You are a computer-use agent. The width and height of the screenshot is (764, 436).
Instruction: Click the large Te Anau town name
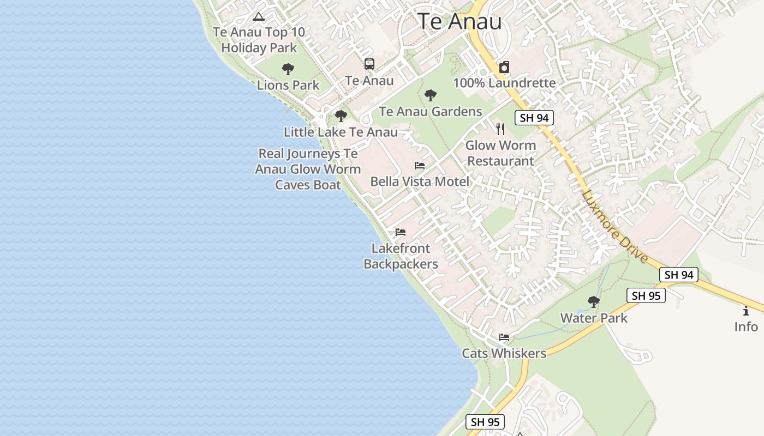click(x=459, y=21)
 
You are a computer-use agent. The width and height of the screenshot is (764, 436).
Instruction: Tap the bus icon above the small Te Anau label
click(x=369, y=64)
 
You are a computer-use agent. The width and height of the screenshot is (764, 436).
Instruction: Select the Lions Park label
click(x=288, y=85)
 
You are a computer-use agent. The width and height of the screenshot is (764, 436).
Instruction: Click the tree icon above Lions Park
click(x=288, y=69)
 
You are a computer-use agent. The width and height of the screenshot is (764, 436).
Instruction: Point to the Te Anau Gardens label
click(x=431, y=112)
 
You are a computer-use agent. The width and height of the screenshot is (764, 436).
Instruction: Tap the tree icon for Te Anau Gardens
click(x=431, y=96)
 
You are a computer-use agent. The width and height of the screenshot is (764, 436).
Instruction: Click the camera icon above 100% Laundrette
click(x=504, y=68)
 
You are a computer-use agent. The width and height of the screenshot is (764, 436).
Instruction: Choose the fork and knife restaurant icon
click(x=500, y=129)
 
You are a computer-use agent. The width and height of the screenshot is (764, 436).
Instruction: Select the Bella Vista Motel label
click(x=420, y=181)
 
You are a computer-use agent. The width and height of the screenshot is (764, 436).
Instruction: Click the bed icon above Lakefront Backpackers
click(x=401, y=232)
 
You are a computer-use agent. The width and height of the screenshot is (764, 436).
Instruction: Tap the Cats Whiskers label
click(x=504, y=353)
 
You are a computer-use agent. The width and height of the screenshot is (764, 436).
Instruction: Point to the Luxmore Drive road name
click(x=614, y=226)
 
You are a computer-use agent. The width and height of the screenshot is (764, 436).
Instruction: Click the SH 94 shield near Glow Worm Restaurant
click(x=534, y=118)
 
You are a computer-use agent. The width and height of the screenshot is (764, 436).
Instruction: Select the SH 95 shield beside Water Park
click(x=646, y=296)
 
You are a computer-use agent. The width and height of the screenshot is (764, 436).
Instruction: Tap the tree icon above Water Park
click(x=594, y=302)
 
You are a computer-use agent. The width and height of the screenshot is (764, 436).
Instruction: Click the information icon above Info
click(x=746, y=311)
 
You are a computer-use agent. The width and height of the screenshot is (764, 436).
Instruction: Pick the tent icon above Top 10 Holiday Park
click(x=259, y=16)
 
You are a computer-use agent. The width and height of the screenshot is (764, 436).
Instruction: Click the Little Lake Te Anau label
click(x=341, y=132)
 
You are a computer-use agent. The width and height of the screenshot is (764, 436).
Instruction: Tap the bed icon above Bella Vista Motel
click(x=420, y=166)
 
